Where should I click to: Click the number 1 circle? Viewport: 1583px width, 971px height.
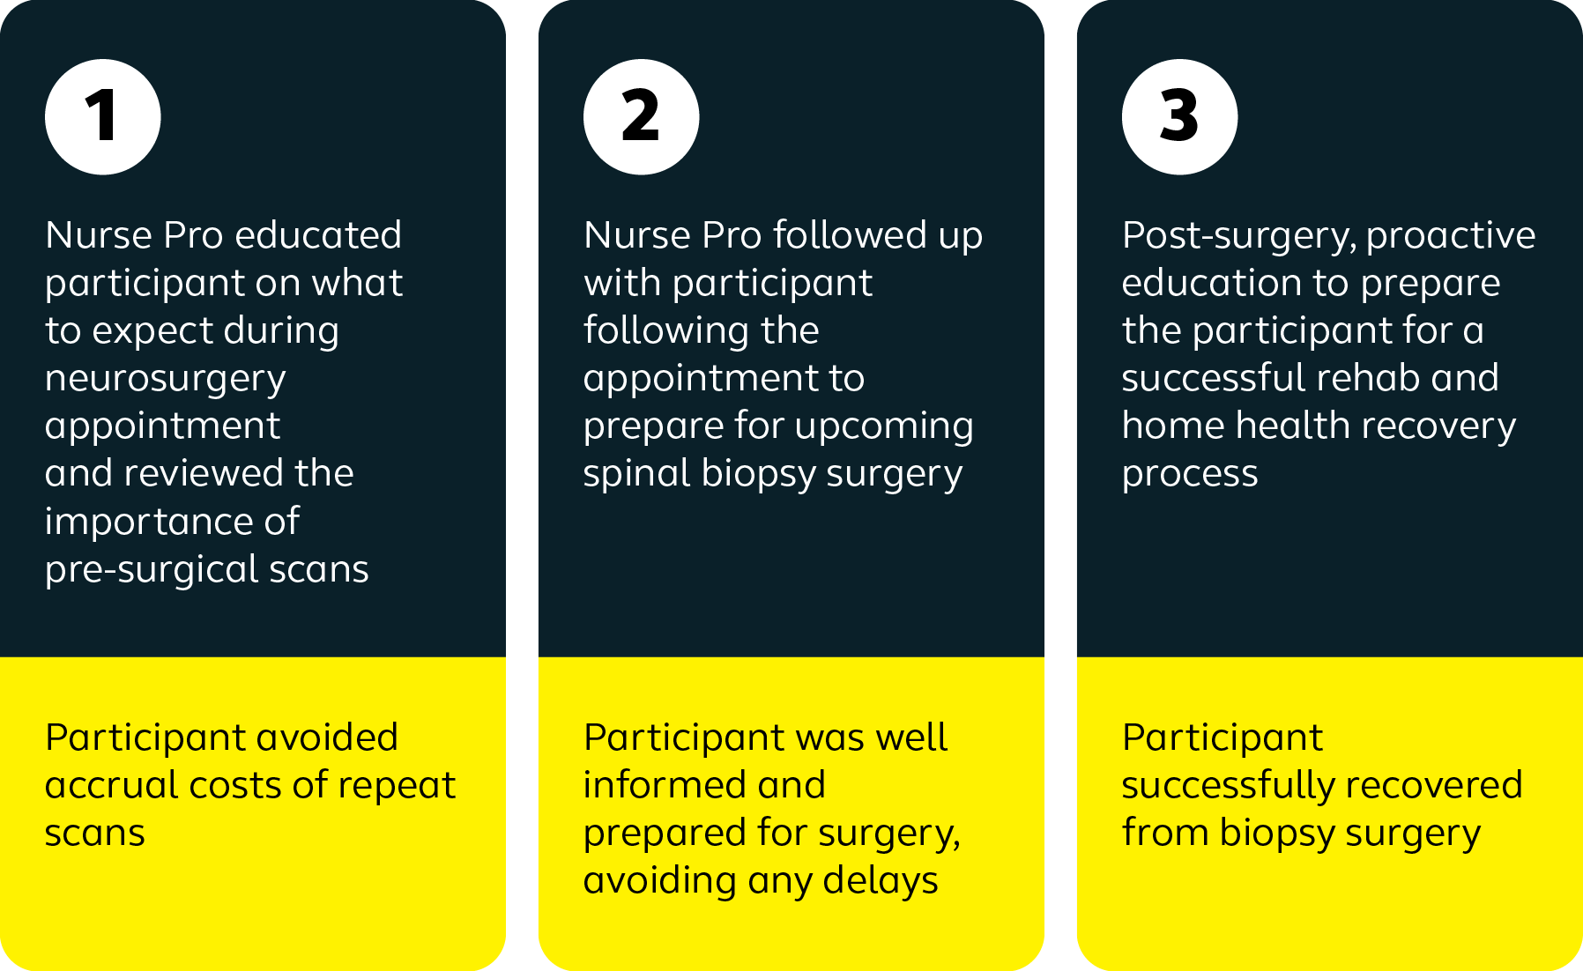coord(103,117)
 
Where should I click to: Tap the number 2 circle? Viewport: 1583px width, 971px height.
coord(642,117)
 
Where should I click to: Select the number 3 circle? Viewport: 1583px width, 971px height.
coord(1180,117)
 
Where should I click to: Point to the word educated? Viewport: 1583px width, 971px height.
coord(318,235)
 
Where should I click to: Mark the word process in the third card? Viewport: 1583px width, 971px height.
coord(1190,475)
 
